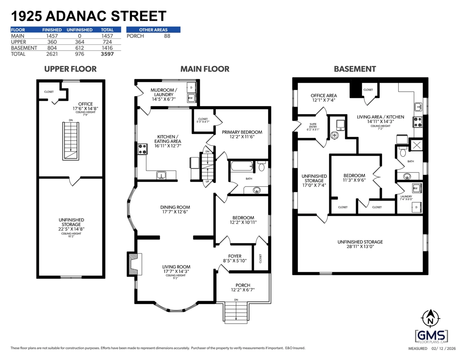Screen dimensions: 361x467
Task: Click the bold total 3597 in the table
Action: pos(107,54)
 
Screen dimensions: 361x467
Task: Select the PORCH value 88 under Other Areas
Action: pos(167,36)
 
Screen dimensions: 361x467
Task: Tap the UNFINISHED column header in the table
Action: pos(79,30)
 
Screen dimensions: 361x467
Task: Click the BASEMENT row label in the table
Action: pos(24,48)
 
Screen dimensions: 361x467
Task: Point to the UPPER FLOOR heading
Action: pos(70,69)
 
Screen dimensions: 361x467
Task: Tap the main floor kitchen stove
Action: pos(142,148)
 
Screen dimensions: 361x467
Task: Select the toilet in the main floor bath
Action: pos(262,167)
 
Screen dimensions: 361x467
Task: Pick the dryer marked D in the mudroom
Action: pos(191,88)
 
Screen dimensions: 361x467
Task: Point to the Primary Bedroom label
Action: pos(242,132)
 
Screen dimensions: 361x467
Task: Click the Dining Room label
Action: pos(175,207)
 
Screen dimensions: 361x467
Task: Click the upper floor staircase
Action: pos(71,141)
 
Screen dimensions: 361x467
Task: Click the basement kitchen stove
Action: pos(418,122)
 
